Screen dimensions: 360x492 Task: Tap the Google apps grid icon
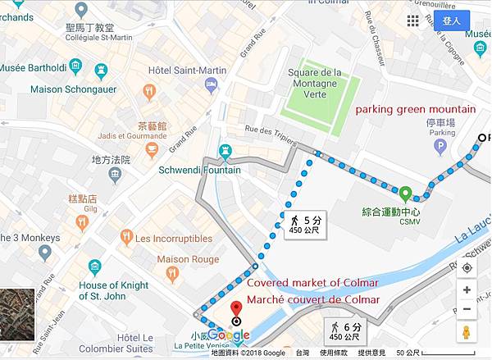tap(412, 21)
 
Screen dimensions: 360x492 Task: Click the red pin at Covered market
tap(237, 309)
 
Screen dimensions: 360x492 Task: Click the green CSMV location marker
tap(405, 195)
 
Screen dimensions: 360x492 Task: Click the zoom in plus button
tap(467, 289)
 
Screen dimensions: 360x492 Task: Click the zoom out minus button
tap(467, 309)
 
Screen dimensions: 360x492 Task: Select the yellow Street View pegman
tap(467, 333)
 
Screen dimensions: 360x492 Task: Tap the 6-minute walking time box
tap(344, 330)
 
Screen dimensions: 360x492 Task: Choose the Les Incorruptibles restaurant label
tap(173, 239)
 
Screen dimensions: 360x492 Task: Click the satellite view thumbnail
tap(16, 313)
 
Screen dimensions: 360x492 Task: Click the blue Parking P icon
tap(440, 147)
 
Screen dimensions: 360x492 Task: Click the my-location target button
tap(467, 267)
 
